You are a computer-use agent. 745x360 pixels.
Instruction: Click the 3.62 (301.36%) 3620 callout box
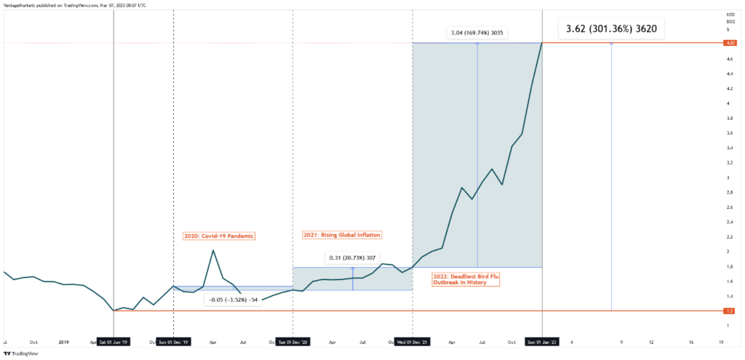pyautogui.click(x=611, y=30)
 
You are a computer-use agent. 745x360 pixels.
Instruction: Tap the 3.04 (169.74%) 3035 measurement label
pyautogui.click(x=477, y=33)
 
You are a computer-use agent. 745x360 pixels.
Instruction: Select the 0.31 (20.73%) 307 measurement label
pyautogui.click(x=353, y=258)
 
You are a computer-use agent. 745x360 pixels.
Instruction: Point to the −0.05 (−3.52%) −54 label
pyautogui.click(x=232, y=299)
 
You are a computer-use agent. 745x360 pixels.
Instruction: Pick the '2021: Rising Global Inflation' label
pyautogui.click(x=341, y=235)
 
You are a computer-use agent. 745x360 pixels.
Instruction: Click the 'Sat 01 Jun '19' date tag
pyautogui.click(x=114, y=342)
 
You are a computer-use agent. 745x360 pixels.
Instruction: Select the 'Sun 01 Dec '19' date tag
pyautogui.click(x=174, y=342)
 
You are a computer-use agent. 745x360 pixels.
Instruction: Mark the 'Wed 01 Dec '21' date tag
pyautogui.click(x=413, y=342)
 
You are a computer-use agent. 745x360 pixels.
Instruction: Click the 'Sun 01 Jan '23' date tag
pyautogui.click(x=542, y=342)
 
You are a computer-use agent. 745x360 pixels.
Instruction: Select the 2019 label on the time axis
pyautogui.click(x=63, y=342)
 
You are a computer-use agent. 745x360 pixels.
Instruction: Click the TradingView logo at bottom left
pyautogui.click(x=20, y=353)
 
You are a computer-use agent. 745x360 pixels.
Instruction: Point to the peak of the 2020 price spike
pyautogui.click(x=212, y=251)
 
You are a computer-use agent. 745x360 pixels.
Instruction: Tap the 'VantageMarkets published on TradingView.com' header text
pyautogui.click(x=73, y=5)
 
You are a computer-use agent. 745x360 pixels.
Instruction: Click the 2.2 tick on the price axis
pyautogui.click(x=727, y=237)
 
